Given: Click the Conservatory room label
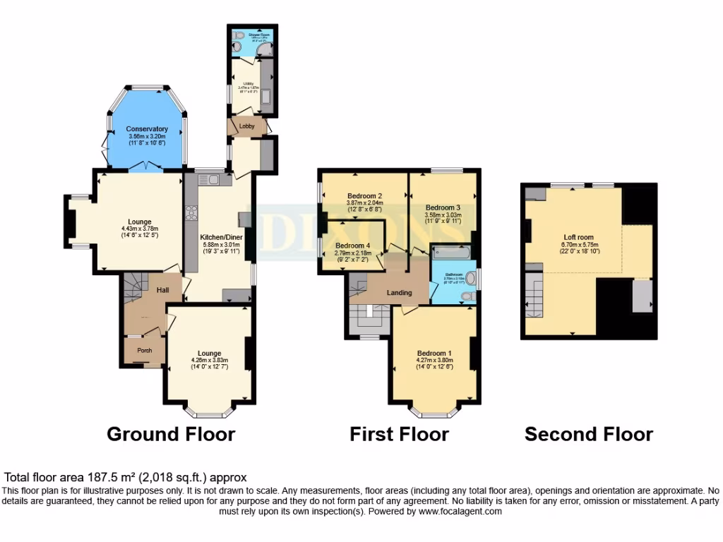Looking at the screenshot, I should (147, 129).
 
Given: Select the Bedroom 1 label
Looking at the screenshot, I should (434, 353).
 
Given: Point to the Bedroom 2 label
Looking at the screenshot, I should (364, 195).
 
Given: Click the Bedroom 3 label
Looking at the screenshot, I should (443, 208).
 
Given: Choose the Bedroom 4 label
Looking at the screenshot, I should (352, 245).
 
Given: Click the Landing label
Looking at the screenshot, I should (399, 292).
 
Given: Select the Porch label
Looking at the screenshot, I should (144, 350).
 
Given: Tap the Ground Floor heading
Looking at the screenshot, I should (170, 433).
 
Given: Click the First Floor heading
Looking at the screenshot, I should (399, 433).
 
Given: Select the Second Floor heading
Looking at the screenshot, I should (588, 433).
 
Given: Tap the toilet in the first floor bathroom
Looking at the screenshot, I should (468, 296).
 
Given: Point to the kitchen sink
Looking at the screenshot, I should (215, 180).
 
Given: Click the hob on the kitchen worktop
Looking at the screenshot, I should (191, 212).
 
